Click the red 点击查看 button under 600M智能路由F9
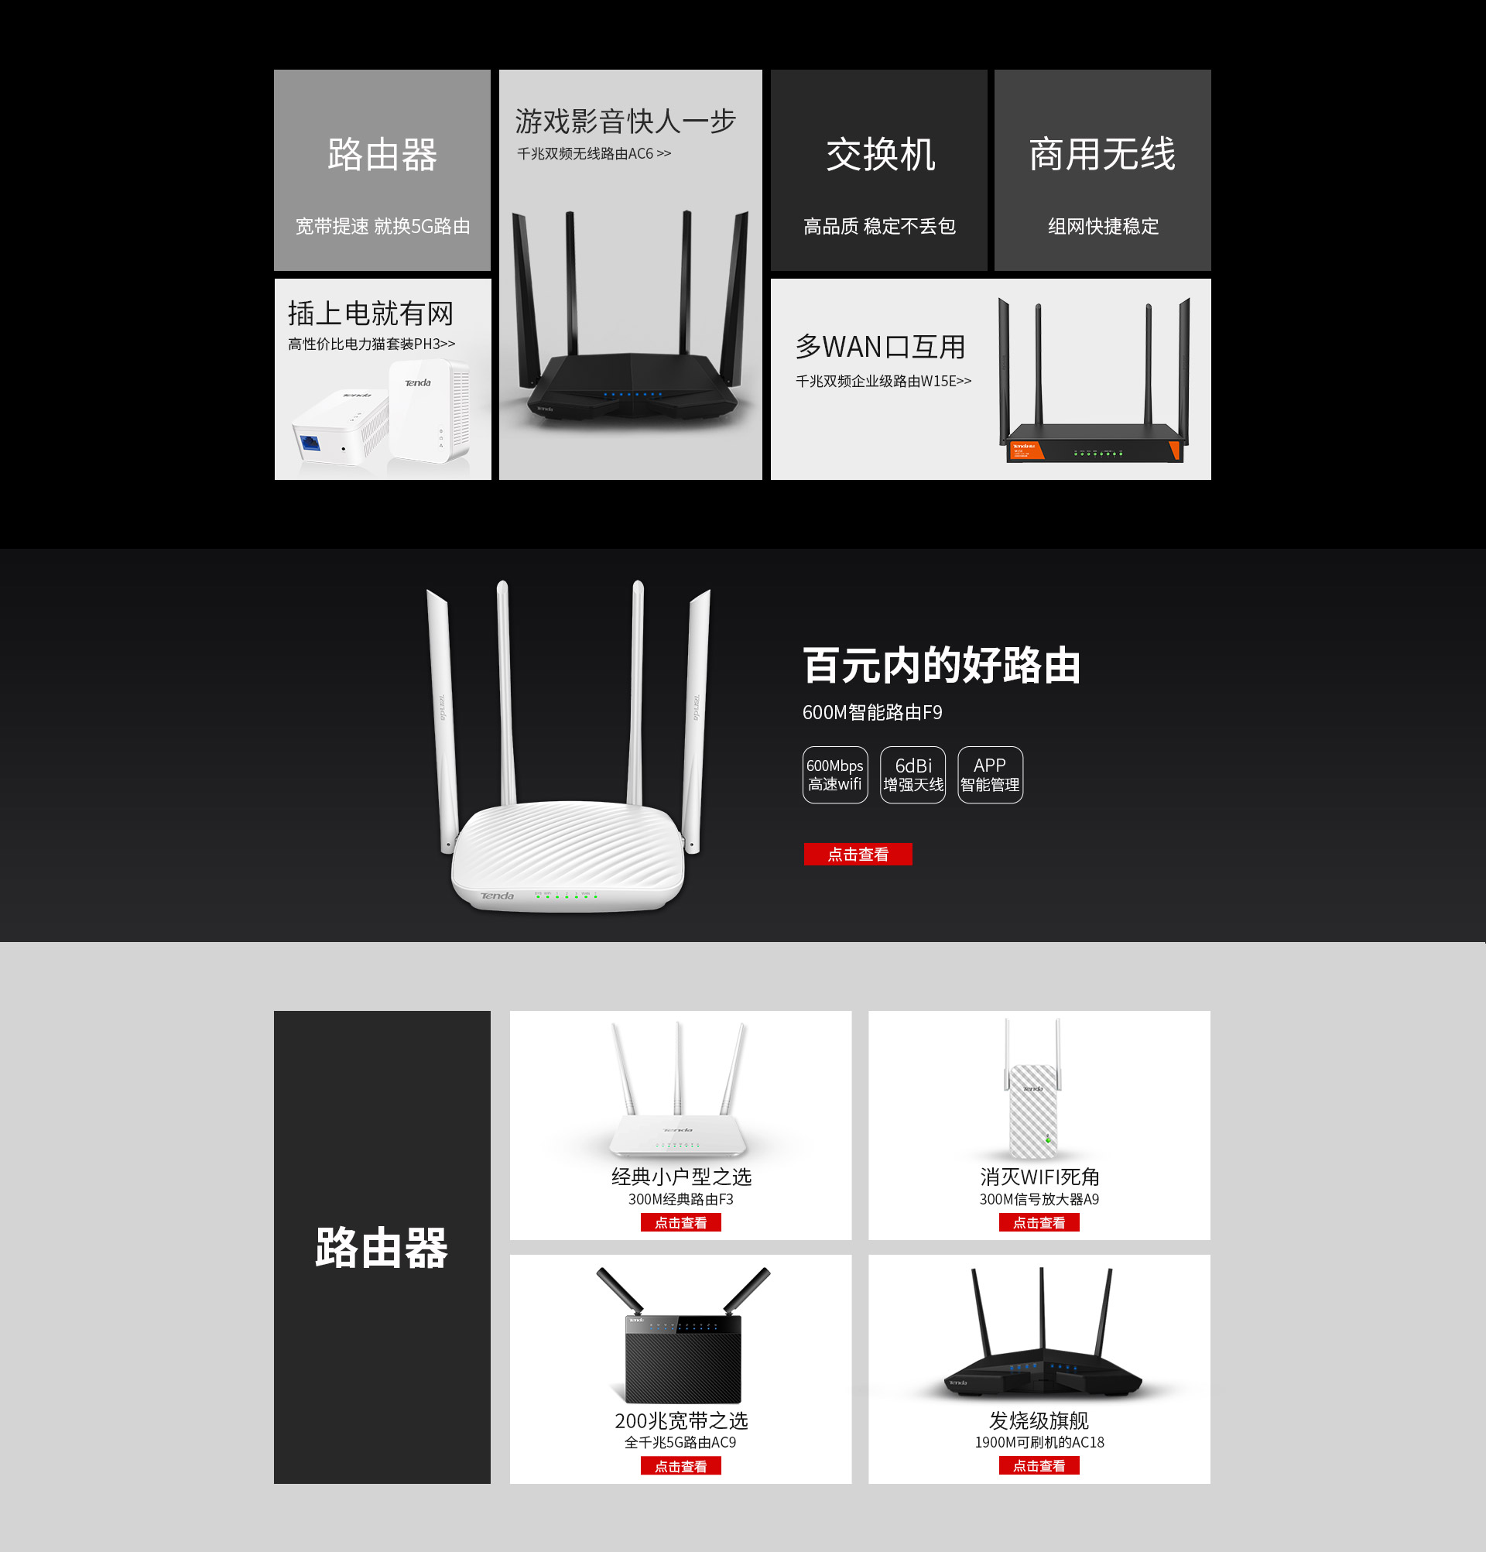tap(858, 854)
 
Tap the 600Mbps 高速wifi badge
tap(834, 774)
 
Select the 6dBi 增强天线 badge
tap(912, 774)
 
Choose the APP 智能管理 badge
tap(990, 774)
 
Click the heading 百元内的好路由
tap(941, 665)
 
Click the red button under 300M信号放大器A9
tap(1039, 1222)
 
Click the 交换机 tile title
tap(879, 154)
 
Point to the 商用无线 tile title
tap(1102, 154)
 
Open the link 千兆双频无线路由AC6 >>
tap(594, 153)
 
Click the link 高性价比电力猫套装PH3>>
tap(371, 344)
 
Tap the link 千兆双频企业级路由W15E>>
tap(883, 381)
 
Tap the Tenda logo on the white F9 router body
tap(497, 896)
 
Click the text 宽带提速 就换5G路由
tap(382, 227)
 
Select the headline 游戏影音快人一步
tap(625, 122)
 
